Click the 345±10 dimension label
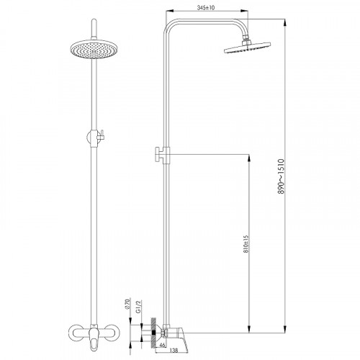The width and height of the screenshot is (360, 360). point(206,8)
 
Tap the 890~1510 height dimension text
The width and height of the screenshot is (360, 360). point(281,176)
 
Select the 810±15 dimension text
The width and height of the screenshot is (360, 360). point(246,244)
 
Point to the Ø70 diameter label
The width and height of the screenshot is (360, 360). point(127,303)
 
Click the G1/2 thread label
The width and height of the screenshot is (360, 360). point(138,307)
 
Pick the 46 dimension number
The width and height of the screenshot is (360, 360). point(162,345)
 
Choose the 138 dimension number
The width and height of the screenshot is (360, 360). point(174,351)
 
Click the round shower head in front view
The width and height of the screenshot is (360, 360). point(94,48)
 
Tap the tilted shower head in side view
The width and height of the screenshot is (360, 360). point(247,48)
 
